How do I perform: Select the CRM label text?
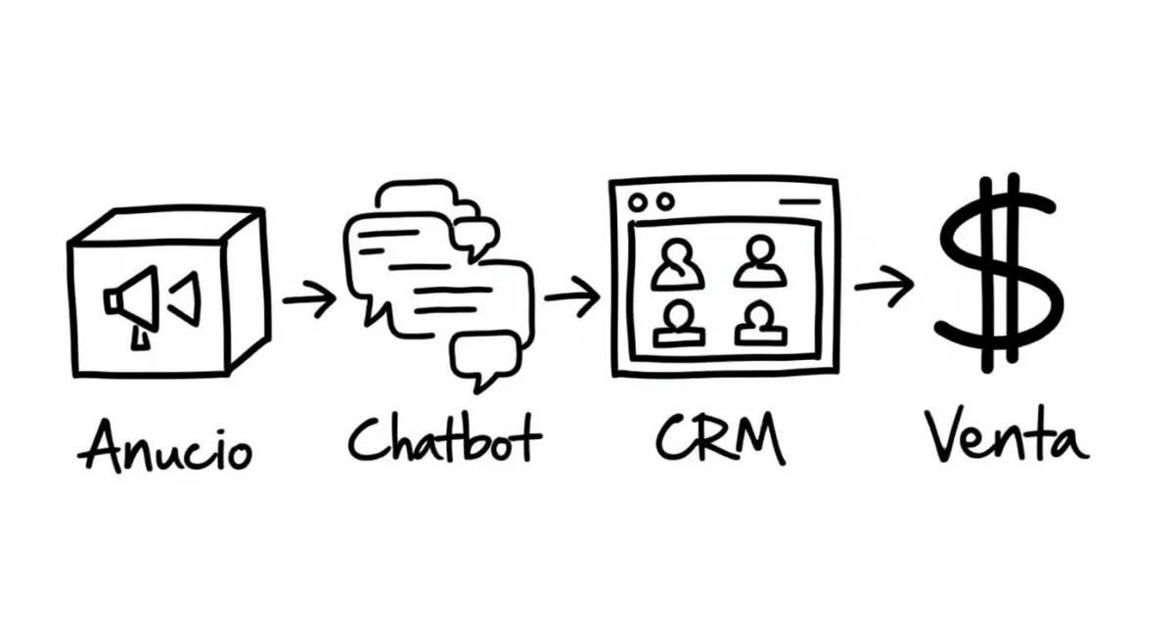[x=721, y=441]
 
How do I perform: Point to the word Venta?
[x=1006, y=439]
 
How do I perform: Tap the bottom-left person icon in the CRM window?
[x=679, y=323]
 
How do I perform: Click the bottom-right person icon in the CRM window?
[x=760, y=323]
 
